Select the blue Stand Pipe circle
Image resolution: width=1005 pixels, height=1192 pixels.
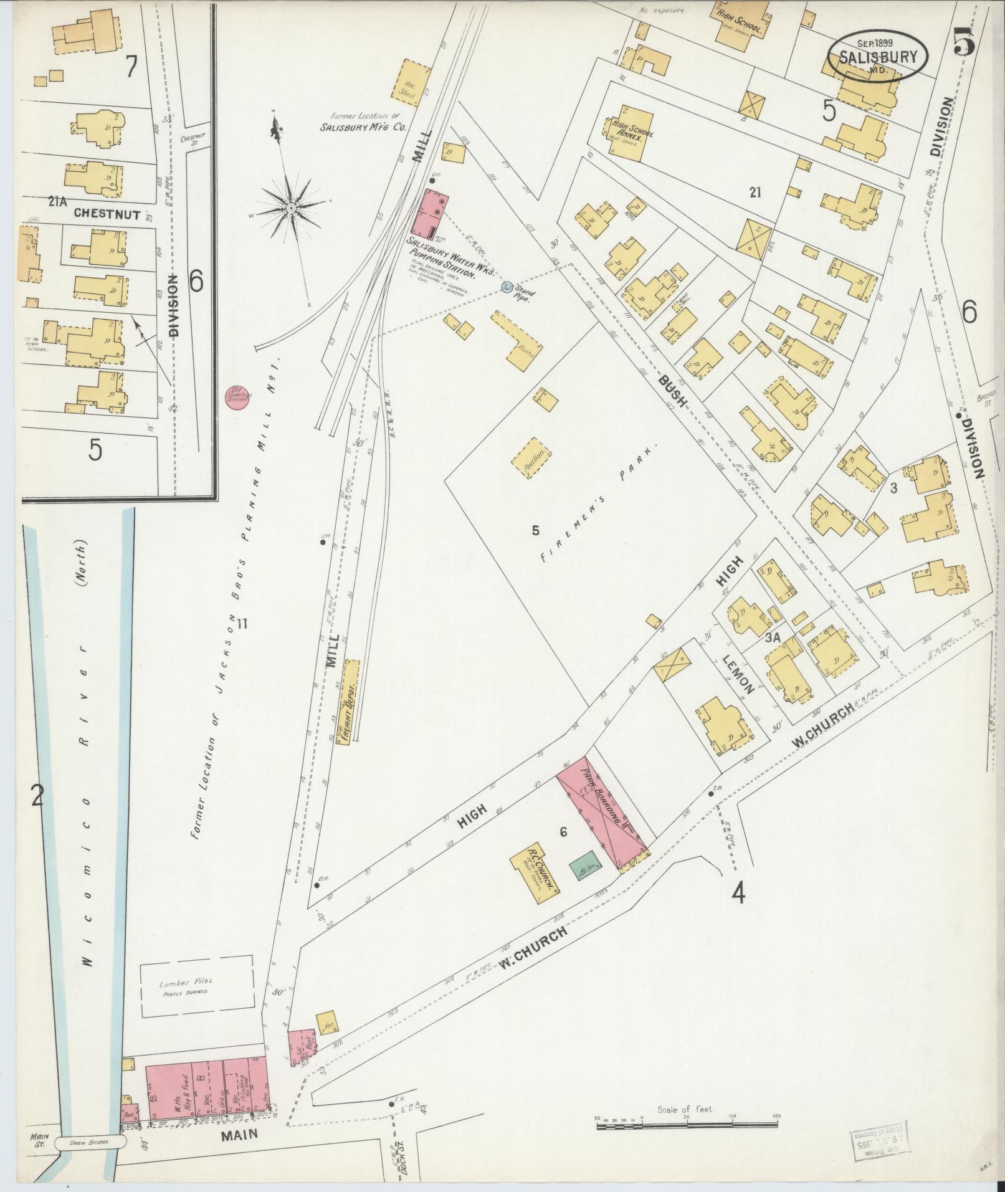click(506, 287)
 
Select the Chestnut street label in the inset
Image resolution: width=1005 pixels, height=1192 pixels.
click(107, 213)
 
